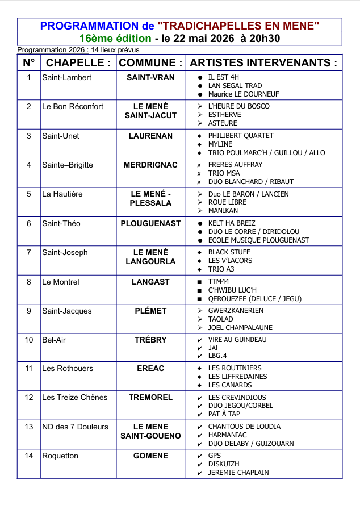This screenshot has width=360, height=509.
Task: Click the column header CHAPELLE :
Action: tap(78, 62)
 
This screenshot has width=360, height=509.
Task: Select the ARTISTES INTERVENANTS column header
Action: tap(263, 62)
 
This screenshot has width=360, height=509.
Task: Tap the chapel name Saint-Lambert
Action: tap(66, 77)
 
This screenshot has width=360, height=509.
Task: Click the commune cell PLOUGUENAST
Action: tap(150, 223)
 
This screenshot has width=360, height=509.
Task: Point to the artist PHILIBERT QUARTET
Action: tap(241, 136)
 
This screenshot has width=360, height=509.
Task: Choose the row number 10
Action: tap(29, 340)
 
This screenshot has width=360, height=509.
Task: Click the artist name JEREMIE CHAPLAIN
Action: tap(238, 472)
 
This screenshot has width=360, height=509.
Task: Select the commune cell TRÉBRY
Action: tap(150, 340)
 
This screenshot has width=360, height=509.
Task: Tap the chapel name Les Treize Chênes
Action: tap(74, 397)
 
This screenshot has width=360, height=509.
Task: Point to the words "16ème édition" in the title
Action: tap(115, 39)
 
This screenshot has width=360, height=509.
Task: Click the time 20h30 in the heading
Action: tap(261, 39)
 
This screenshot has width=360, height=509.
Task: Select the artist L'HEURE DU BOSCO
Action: tap(238, 106)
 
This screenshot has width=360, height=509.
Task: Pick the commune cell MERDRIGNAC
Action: tap(150, 165)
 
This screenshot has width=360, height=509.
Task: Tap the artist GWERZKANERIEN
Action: tap(235, 311)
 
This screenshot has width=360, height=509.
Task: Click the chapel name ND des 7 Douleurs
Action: tap(75, 427)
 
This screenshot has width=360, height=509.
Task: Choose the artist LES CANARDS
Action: tap(229, 385)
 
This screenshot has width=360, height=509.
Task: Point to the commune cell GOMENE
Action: tap(150, 456)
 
